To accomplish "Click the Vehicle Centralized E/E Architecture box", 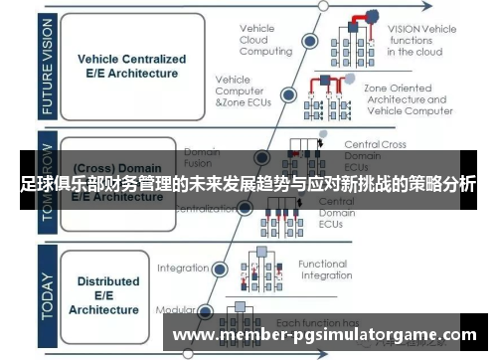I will click(127, 66).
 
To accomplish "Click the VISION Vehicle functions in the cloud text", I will click(421, 39).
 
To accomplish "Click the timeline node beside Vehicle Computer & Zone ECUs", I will click(287, 95).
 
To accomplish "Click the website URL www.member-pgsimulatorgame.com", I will click(324, 336).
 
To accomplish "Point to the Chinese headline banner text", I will click(248, 185).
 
